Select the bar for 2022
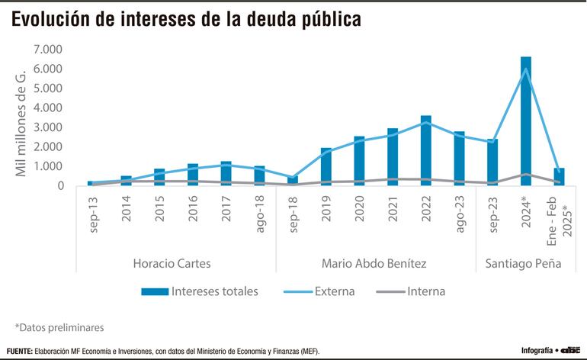pos(425,150)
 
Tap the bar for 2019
pos(326,166)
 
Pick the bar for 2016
pos(193,175)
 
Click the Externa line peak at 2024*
pos(526,69)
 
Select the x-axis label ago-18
pos(259,217)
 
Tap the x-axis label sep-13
pos(93,217)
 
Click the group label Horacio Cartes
pos(172,264)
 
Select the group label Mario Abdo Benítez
pos(374,264)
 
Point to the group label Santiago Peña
pos(518,264)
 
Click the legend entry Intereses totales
pos(200,291)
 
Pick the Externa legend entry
pos(332,291)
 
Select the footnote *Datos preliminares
pos(59,327)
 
